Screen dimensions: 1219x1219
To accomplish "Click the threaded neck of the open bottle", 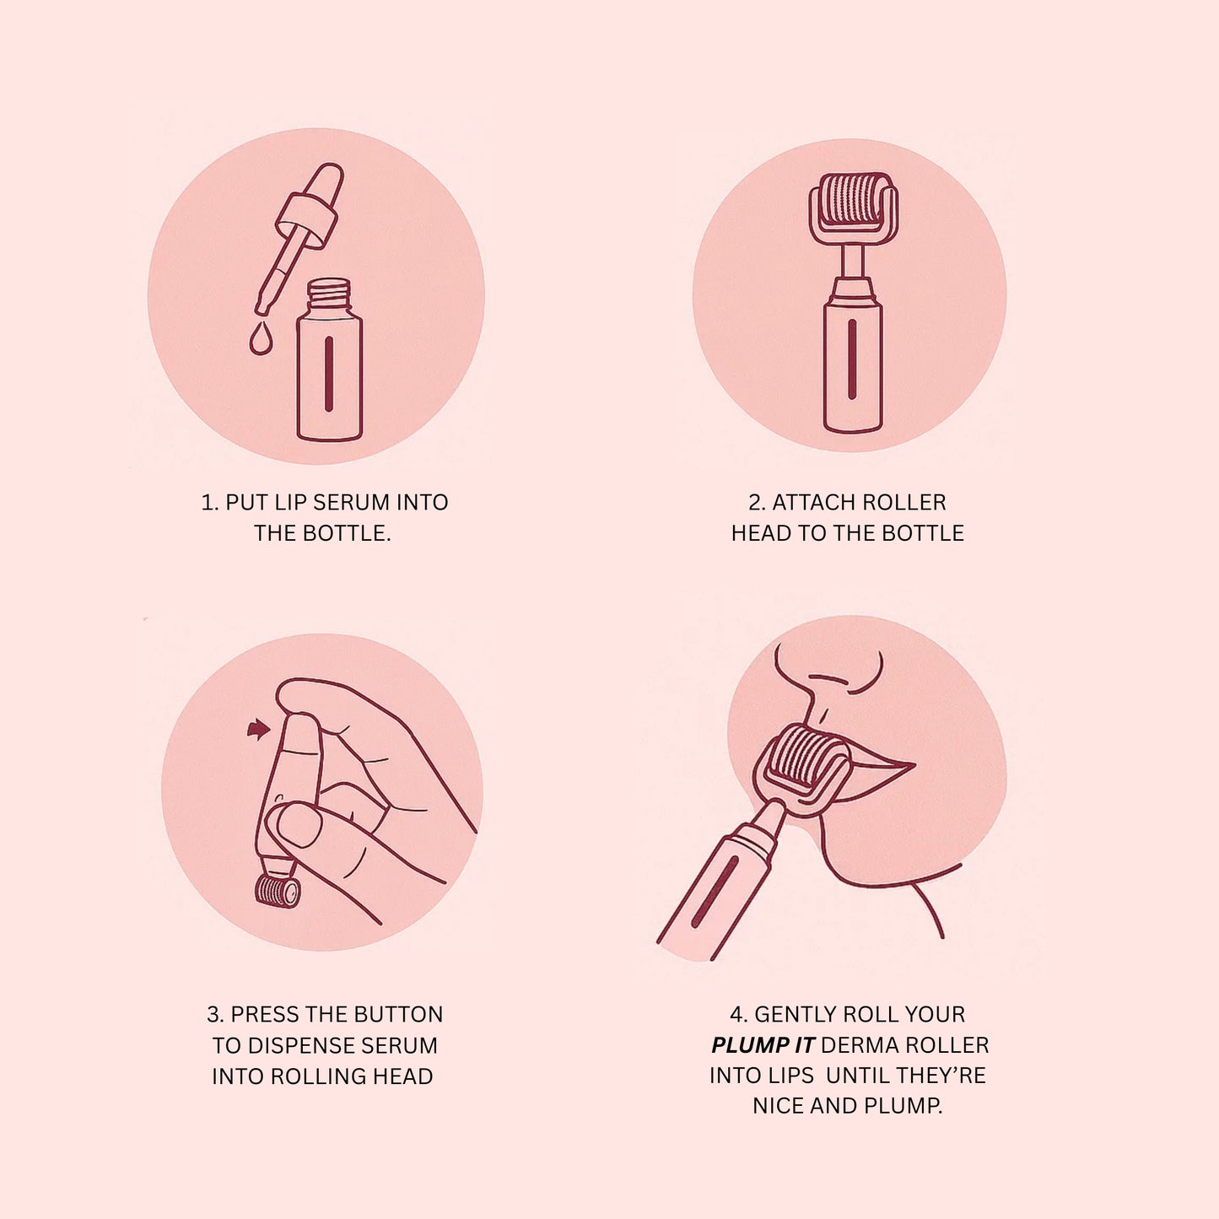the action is (x=328, y=297).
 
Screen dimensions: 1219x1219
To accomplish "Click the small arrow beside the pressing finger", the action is (x=258, y=731).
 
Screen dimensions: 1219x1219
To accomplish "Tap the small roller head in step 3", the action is (x=276, y=891).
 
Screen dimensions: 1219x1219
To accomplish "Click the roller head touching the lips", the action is (x=806, y=768).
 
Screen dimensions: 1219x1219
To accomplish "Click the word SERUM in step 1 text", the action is (x=352, y=502).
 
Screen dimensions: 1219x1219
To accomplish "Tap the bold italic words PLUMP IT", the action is (x=763, y=1045).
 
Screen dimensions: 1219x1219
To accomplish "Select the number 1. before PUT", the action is (x=209, y=502).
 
